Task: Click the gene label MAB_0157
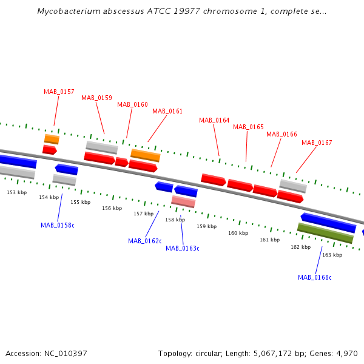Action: pyautogui.click(x=59, y=92)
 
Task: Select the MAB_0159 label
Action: pyautogui.click(x=96, y=98)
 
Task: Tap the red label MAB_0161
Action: pyautogui.click(x=167, y=112)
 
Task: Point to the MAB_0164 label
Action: pyautogui.click(x=214, y=120)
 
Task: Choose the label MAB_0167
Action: pyautogui.click(x=317, y=143)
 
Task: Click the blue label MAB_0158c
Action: pyautogui.click(x=58, y=225)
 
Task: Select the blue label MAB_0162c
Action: pyautogui.click(x=145, y=241)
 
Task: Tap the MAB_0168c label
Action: pyautogui.click(x=315, y=277)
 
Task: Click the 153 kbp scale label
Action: pyautogui.click(x=17, y=192)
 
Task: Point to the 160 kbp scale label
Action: pyautogui.click(x=238, y=233)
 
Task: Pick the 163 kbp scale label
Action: pyautogui.click(x=332, y=255)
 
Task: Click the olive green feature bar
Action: pyautogui.click(x=325, y=233)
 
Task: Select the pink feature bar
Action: pyautogui.click(x=183, y=201)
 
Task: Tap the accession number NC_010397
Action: pyautogui.click(x=66, y=354)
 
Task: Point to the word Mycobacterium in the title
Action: pyautogui.click(x=69, y=11)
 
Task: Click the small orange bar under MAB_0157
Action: pyautogui.click(x=52, y=139)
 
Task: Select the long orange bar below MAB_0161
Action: pyautogui.click(x=146, y=155)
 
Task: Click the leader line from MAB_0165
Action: pyautogui.click(x=246, y=146)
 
